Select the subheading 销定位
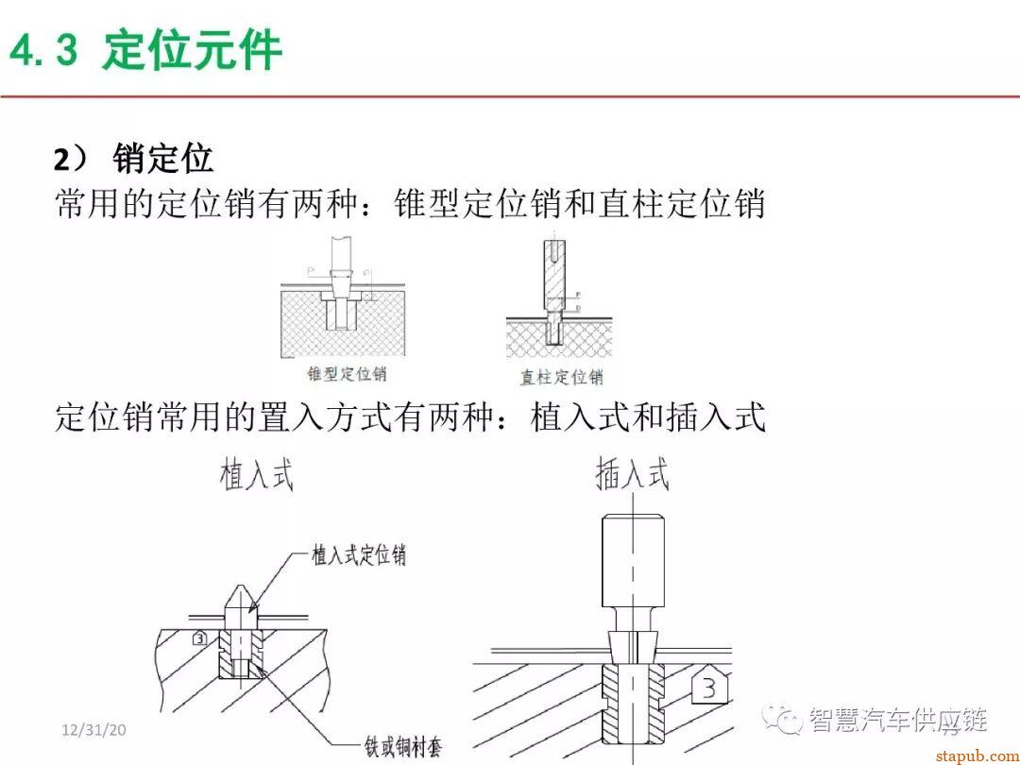162,159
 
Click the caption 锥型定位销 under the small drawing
347,373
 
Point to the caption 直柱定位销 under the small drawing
561,377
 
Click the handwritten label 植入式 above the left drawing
256,475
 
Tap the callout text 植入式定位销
359,554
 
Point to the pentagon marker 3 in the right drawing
708,688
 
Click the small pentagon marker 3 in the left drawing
198,638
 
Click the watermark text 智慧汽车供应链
897,721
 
